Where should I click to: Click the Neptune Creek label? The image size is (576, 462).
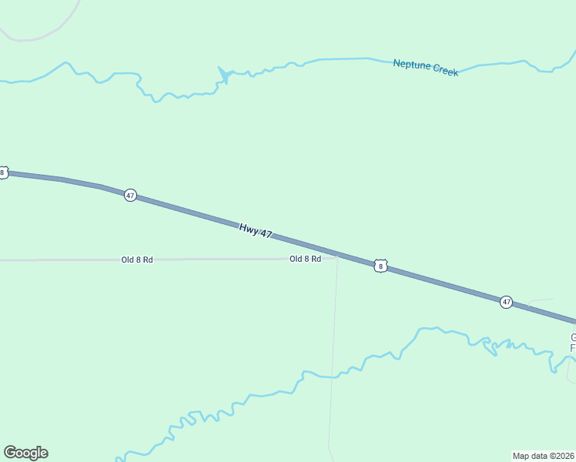425,67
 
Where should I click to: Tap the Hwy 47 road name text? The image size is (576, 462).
256,229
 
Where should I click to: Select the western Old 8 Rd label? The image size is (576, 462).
137,259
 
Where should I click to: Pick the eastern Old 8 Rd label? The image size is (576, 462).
305,259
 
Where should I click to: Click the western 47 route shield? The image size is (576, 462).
130,196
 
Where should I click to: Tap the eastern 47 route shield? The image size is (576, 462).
506,302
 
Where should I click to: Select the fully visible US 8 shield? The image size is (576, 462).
380,266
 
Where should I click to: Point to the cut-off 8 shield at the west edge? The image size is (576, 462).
3,172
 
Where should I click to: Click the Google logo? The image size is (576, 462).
25,453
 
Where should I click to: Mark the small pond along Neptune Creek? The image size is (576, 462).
224,74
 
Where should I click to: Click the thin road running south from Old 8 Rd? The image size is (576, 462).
333,354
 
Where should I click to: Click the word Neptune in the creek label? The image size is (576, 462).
411,65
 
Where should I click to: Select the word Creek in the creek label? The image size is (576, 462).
445,71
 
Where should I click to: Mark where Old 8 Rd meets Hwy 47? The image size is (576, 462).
337,255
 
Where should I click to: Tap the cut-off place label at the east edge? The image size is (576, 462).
572,343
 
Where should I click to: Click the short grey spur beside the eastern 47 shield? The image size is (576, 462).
541,301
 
